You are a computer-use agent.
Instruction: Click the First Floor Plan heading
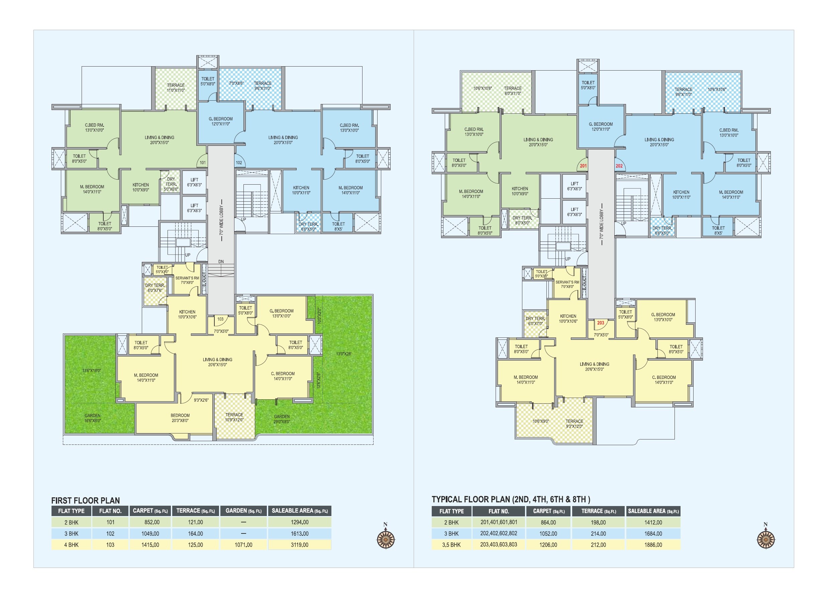tap(85, 500)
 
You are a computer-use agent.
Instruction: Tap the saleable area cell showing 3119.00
tap(299, 545)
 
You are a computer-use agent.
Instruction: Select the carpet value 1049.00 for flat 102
tap(150, 533)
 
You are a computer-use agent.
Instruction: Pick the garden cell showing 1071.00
tap(243, 545)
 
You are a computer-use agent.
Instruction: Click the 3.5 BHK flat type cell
tap(451, 545)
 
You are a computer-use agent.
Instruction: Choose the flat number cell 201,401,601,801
tap(499, 522)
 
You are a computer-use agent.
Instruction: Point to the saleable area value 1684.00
tap(653, 533)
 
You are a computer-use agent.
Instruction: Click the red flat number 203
tap(601, 323)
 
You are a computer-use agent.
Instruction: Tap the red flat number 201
tap(584, 166)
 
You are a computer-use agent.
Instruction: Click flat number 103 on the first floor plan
tap(220, 319)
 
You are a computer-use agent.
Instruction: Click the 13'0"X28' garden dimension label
tap(343, 354)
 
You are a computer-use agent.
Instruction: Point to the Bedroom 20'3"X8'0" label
tap(180, 418)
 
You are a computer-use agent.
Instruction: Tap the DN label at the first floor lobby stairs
tap(221, 262)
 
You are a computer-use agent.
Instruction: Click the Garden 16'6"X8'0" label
tap(93, 418)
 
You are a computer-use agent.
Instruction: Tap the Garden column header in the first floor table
tap(243, 511)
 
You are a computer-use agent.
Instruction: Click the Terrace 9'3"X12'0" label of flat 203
tap(574, 424)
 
